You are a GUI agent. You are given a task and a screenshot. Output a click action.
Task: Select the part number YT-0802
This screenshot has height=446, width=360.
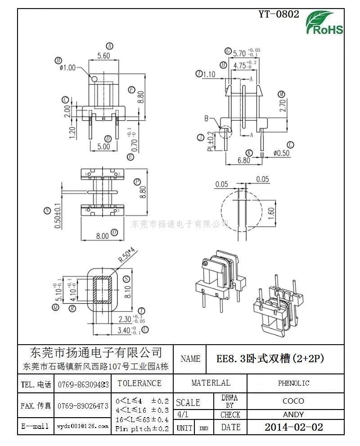point(279,14)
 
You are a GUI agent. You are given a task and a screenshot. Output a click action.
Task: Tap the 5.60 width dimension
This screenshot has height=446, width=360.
point(103,56)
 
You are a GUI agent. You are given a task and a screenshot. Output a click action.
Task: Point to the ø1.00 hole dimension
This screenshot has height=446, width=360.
point(67,68)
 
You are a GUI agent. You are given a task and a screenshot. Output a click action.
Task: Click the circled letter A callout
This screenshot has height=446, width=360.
point(109,46)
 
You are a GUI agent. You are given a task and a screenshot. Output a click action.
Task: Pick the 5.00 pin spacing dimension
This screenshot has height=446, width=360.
point(103,146)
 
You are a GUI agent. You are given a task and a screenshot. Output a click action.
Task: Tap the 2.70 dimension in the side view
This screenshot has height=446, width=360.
point(283,105)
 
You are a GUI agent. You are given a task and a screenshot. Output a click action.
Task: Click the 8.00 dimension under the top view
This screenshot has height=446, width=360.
point(102,235)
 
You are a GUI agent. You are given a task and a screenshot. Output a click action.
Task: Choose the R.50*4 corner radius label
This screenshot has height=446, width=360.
point(126,255)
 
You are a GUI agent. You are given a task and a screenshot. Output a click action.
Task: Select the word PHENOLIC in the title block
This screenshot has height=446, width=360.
point(293,383)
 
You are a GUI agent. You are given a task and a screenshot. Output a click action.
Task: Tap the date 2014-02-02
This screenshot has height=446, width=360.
point(293,427)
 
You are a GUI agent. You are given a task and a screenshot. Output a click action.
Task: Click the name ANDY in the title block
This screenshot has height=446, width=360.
point(293,414)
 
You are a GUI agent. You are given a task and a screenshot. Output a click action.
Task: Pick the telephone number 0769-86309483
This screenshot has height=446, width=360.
point(83,385)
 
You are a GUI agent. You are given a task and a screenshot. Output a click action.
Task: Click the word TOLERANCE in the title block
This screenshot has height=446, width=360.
point(139,383)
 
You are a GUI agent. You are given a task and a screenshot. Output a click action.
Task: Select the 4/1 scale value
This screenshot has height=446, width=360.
point(183,414)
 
